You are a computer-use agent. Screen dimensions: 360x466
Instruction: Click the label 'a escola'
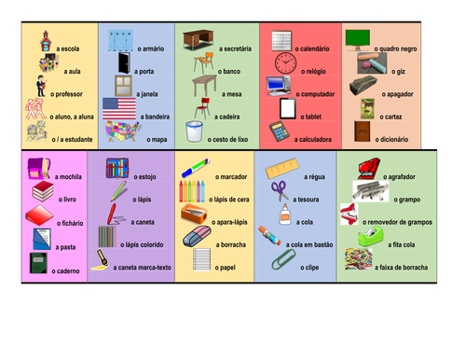coord(69,47)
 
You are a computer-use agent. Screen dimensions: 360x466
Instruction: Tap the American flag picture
coord(117,109)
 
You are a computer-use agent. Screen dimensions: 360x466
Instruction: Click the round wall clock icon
coord(286,62)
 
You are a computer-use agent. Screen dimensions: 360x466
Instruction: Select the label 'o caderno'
coord(67,270)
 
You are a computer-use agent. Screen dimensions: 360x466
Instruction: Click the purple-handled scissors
coord(281,193)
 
